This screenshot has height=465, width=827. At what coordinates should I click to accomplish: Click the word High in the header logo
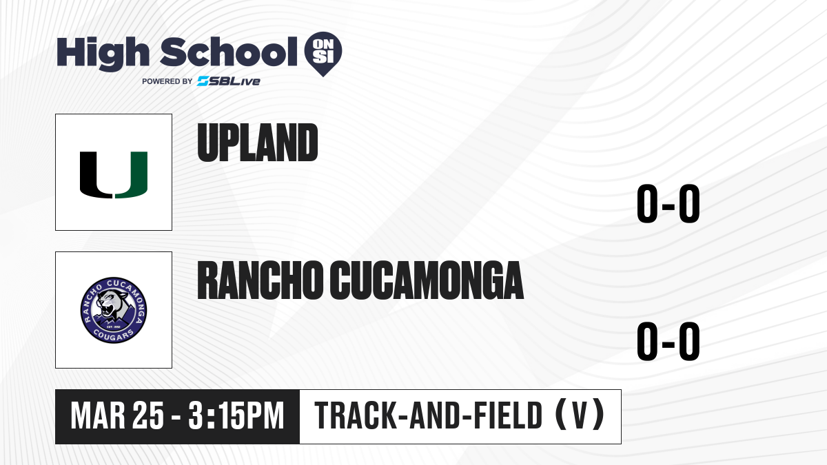103,54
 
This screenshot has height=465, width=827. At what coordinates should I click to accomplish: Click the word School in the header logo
229,52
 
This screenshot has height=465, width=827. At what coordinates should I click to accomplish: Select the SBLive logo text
229,81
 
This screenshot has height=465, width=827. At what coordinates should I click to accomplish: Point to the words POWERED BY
167,81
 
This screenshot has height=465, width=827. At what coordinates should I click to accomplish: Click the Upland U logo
114,175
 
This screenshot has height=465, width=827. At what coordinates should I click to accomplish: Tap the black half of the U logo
95,175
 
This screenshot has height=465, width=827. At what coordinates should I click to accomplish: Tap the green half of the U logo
132,175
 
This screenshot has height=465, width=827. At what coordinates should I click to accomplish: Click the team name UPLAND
258,143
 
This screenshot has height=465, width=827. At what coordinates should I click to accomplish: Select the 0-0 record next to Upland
668,203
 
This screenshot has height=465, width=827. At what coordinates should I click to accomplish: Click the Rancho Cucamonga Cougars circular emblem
114,311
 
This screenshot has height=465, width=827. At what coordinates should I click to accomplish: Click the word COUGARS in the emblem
113,335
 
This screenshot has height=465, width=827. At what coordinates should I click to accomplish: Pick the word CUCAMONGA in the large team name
427,280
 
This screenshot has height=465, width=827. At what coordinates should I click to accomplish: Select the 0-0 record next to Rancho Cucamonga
668,342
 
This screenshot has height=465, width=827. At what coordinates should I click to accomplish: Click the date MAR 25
117,415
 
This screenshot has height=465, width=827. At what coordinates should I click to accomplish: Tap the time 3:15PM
236,415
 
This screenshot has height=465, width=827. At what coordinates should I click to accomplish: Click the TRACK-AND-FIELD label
428,415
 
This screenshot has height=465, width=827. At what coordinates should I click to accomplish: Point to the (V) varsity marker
580,415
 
